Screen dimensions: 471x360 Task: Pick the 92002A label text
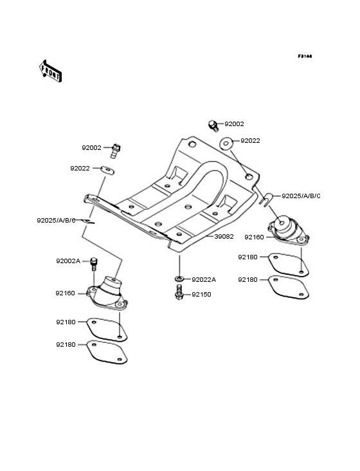point(67,261)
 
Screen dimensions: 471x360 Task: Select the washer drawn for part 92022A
point(179,279)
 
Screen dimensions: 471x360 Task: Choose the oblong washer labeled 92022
point(107,170)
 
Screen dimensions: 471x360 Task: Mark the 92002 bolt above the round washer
point(213,124)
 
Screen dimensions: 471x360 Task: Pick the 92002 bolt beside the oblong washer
point(116,150)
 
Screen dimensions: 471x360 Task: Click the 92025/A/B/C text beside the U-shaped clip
point(301,196)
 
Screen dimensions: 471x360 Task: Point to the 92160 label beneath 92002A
point(66,293)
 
